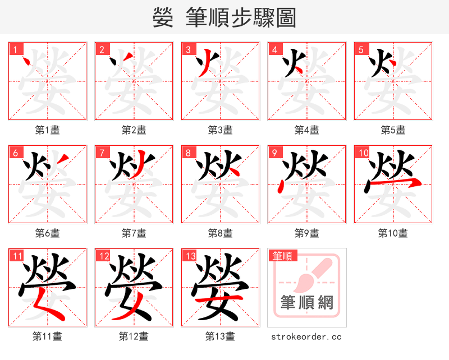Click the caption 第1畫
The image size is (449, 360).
[48, 130]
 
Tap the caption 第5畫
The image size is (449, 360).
[393, 130]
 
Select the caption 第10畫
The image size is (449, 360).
[393, 233]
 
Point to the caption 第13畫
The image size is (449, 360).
[220, 336]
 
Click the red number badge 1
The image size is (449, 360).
[14, 49]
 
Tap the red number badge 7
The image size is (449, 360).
[102, 152]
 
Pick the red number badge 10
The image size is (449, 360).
[362, 152]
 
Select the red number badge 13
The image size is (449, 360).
[189, 256]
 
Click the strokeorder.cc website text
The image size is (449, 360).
[306, 336]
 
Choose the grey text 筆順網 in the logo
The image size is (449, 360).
[306, 303]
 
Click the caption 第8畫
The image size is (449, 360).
[220, 233]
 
